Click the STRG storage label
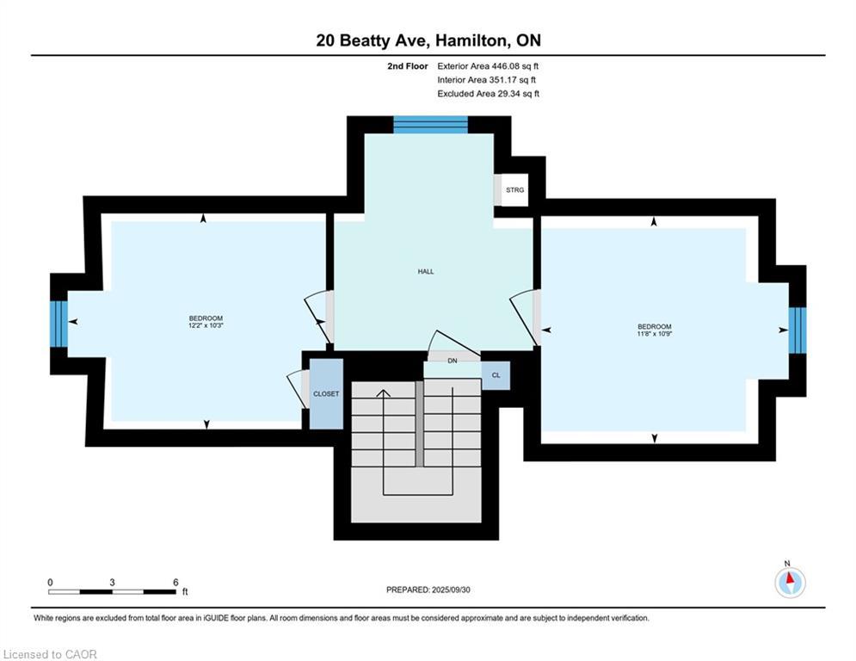click(x=514, y=190)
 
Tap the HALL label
click(x=426, y=271)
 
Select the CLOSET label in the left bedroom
click(x=326, y=393)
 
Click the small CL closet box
click(x=496, y=375)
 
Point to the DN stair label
click(x=452, y=361)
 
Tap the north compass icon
click(x=790, y=583)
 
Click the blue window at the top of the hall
click(x=430, y=126)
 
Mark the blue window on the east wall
click(x=797, y=330)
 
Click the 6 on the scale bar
click(x=176, y=582)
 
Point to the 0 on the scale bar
click(x=50, y=582)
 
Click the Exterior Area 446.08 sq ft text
click(x=488, y=65)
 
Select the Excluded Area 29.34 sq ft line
click(x=488, y=93)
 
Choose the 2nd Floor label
click(x=408, y=65)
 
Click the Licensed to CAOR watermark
click(x=51, y=654)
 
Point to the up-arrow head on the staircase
click(x=384, y=392)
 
